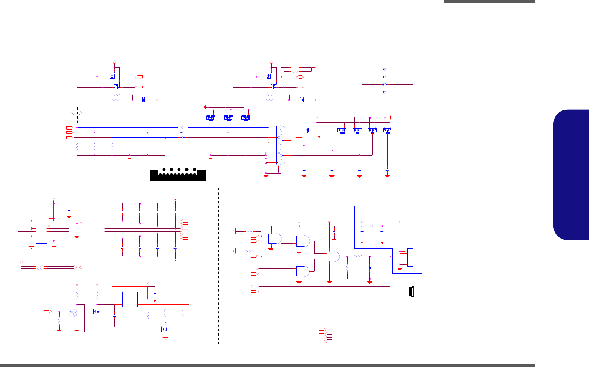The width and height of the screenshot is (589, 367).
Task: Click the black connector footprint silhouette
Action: click(x=178, y=174)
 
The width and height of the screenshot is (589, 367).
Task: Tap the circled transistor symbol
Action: click(x=73, y=312)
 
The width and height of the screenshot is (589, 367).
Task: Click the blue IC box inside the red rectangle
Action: click(x=129, y=299)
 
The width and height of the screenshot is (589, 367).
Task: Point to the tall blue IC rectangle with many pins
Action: click(x=41, y=229)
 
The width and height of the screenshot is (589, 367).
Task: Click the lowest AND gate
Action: click(x=303, y=271)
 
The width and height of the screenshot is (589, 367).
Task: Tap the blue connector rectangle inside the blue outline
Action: click(x=410, y=257)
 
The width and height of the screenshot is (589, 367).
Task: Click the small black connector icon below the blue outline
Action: click(x=412, y=291)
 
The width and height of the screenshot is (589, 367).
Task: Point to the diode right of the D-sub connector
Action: click(x=307, y=130)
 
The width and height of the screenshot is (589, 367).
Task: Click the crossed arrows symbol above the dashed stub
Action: click(x=77, y=112)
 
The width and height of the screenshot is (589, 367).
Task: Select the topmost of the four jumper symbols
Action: click(x=384, y=70)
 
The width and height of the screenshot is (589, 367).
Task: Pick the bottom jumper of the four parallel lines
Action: click(x=384, y=92)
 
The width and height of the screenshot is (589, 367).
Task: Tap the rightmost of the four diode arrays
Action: click(x=387, y=130)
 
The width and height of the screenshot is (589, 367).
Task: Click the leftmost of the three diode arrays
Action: click(x=210, y=117)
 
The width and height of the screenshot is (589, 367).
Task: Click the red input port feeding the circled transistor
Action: click(x=47, y=312)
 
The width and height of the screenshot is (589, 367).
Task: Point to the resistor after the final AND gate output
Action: click(x=358, y=256)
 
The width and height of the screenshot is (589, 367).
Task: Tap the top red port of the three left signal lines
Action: click(x=69, y=127)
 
